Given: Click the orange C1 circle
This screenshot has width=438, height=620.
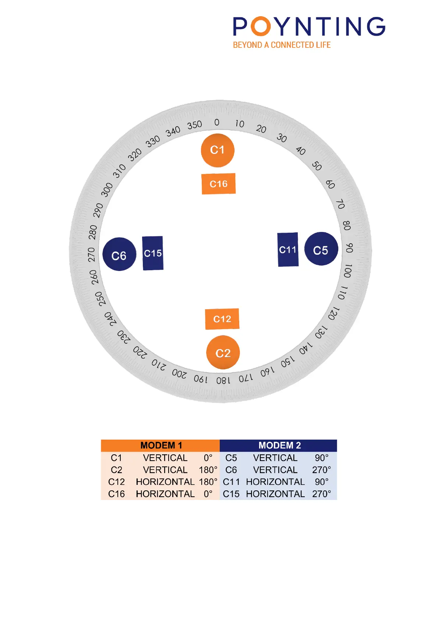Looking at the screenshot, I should coord(218,150).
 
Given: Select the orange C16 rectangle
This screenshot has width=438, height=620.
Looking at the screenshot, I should coord(219,184).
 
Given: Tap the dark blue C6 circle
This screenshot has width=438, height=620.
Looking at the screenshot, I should coord(119,255).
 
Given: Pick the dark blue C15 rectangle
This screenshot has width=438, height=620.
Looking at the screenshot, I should coord(153,253).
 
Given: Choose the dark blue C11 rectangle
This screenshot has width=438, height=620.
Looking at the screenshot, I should coord(288,250).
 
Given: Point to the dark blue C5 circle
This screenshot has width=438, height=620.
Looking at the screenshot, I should coord(321,249).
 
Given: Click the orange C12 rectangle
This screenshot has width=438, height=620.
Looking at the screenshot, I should coord(222,319).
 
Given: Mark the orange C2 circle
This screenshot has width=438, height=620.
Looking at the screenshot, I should coord(223,353).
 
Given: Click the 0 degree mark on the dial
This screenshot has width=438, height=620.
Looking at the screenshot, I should coord(217,122).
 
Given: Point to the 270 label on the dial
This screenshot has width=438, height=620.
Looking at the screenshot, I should coord(91,255).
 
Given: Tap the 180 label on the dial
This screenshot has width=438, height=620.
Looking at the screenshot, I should coord(223,380).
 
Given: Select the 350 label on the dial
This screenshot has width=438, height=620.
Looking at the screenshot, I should coord(194,125).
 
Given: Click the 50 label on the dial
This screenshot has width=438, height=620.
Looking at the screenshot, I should coord(317,166).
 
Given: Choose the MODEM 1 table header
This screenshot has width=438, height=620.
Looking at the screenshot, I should coord(161,445).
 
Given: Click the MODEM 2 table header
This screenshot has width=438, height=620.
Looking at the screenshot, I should coord(279,445).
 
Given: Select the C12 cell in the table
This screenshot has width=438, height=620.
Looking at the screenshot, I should coord(116,482).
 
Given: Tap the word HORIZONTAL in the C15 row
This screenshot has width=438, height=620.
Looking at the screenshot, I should coord(275,494).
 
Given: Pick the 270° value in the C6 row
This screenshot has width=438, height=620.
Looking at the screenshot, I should coord(321,470).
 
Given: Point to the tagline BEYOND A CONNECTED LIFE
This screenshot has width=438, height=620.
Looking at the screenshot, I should coord(282,45).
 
